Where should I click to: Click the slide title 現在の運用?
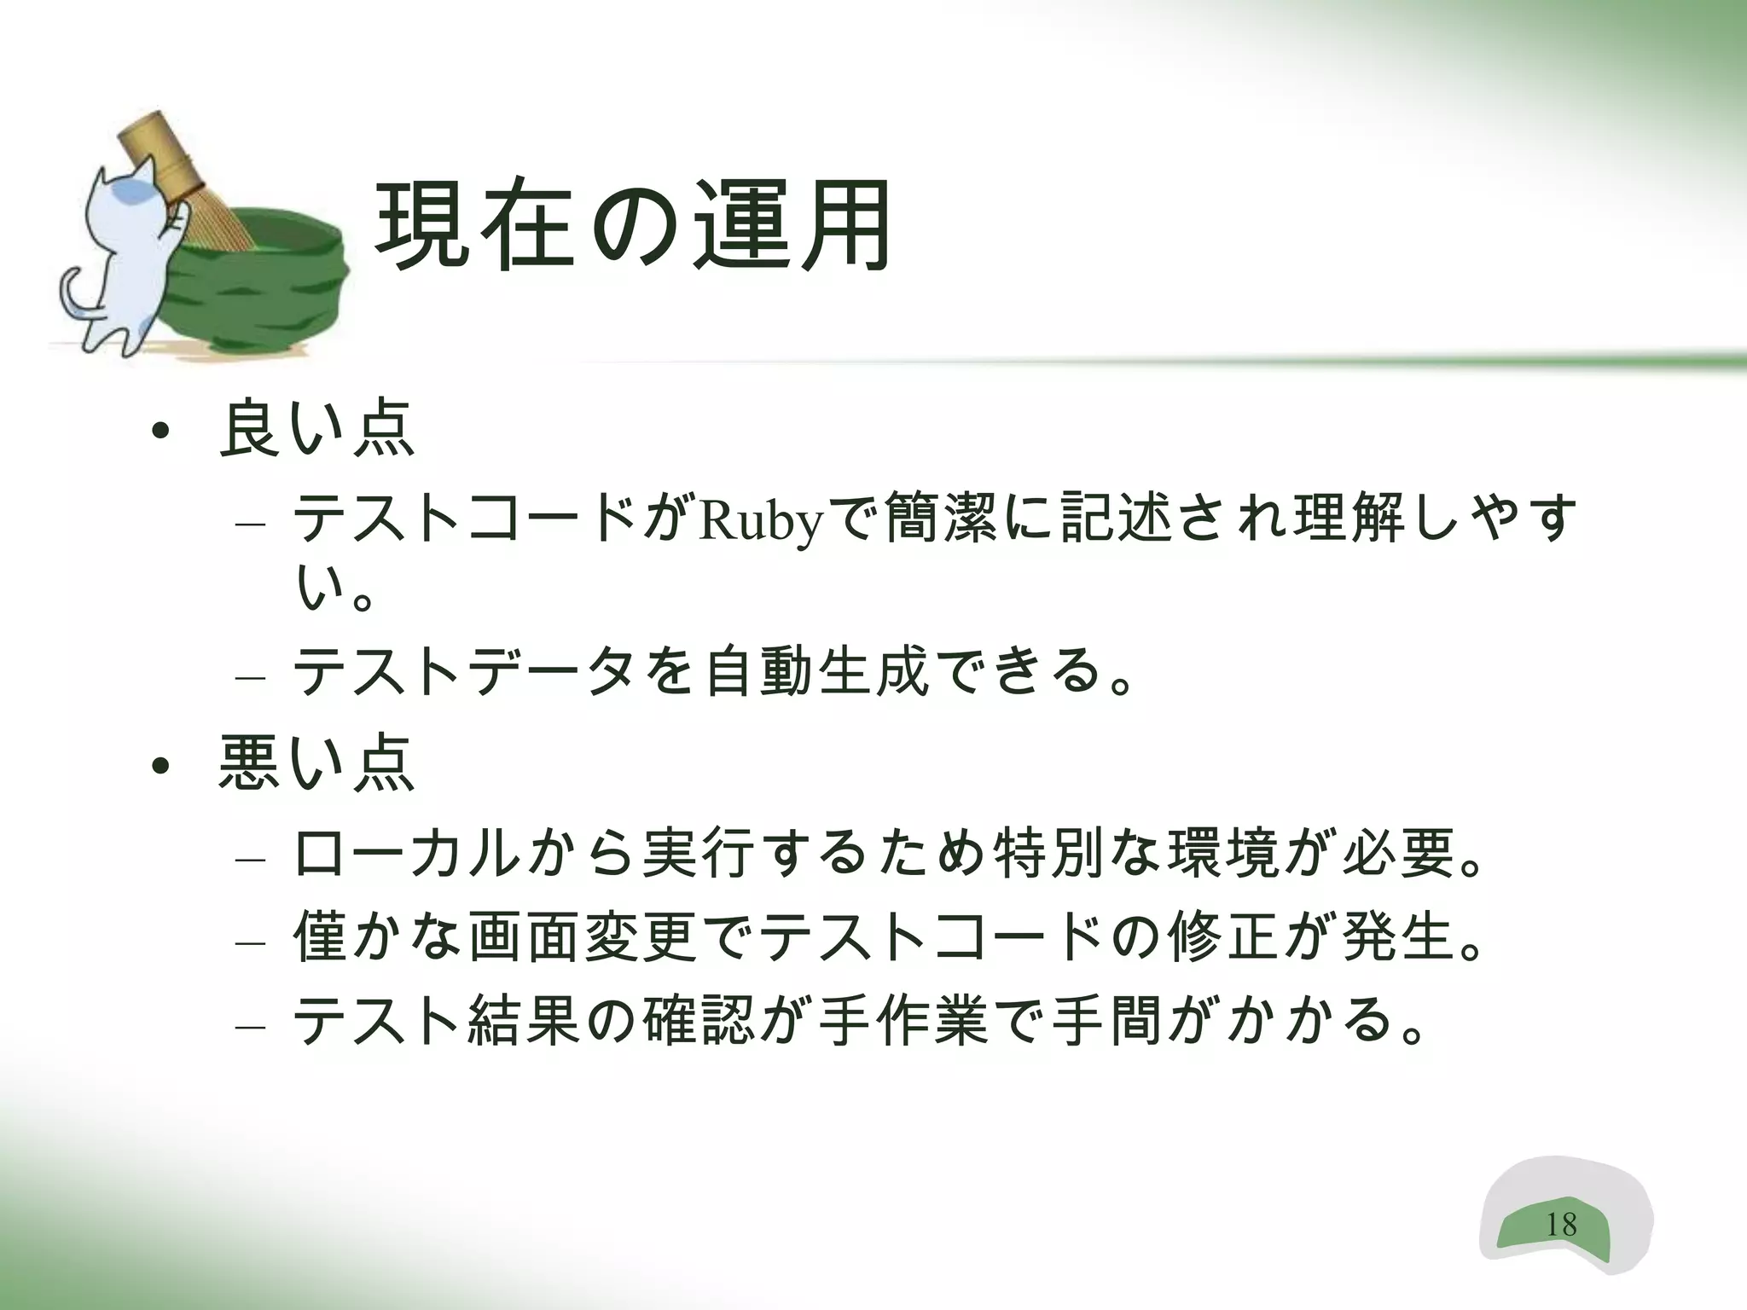[633, 227]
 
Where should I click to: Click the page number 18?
[1561, 1225]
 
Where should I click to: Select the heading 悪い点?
[316, 763]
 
